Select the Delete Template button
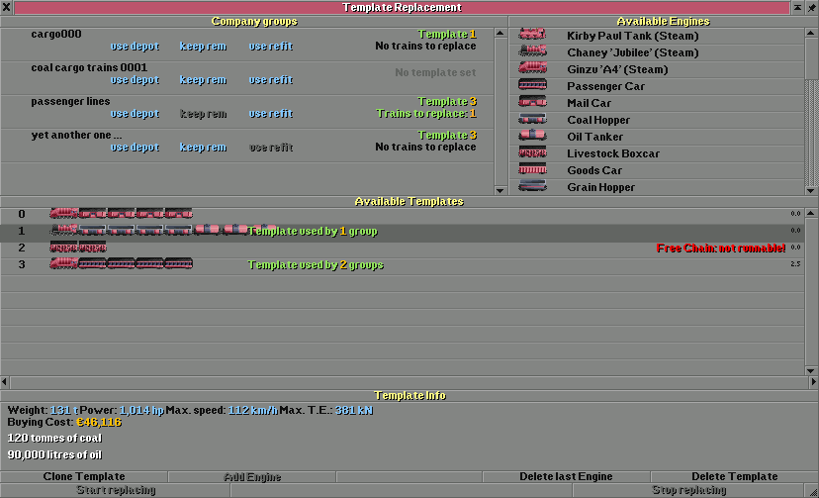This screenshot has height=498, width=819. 734,476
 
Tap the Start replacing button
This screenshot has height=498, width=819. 116,490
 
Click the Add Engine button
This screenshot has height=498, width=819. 252,476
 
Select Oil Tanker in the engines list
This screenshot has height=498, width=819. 594,137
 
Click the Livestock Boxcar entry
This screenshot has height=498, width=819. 612,153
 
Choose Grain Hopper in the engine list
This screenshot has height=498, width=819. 600,187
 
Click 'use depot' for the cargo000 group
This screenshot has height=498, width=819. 135,47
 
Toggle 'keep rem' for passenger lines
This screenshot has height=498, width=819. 203,114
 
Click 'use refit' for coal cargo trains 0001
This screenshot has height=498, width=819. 270,80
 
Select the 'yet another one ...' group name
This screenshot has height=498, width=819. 76,135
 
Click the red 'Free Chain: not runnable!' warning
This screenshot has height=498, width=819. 720,248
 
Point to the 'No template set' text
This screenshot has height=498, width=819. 435,72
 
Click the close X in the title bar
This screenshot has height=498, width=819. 7,7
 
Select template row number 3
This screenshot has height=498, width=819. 22,264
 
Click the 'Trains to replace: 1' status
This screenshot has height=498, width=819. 426,114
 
